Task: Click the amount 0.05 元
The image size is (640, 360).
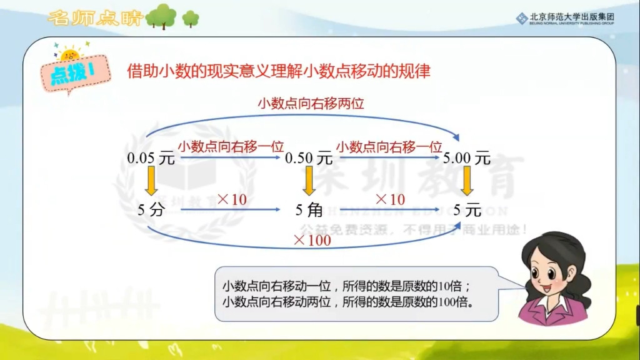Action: click(x=151, y=159)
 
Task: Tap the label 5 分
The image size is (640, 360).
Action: click(x=151, y=210)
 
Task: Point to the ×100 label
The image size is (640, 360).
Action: click(x=312, y=240)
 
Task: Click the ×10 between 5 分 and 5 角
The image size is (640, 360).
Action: click(x=232, y=200)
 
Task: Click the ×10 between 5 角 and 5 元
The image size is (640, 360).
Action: click(x=390, y=200)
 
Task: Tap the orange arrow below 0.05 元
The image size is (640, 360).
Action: click(x=151, y=184)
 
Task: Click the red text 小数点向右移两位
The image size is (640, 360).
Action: click(x=311, y=104)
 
